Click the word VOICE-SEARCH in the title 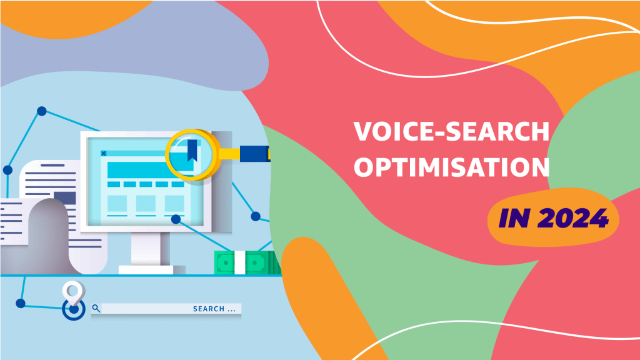coord(451,131)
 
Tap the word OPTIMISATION coord(451,167)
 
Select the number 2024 coord(573,218)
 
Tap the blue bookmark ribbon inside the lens coord(192,150)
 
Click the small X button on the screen coord(104,154)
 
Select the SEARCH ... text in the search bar coord(214,309)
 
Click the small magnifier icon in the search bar coord(96,308)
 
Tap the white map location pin coord(74,292)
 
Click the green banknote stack coord(247,262)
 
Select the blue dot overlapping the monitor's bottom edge coord(176,219)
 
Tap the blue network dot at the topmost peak coord(42,111)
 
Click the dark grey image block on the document coord(64,198)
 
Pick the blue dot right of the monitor coord(256,216)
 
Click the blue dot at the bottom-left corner coord(21,303)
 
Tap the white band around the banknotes coord(239,262)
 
